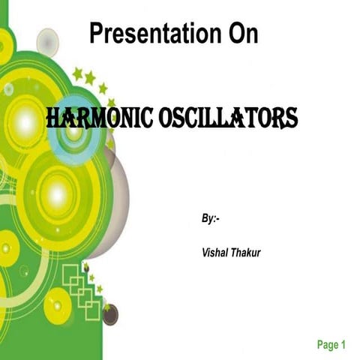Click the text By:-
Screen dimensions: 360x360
tap(211, 218)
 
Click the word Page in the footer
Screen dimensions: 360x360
tap(327, 345)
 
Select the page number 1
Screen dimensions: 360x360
tap(343, 345)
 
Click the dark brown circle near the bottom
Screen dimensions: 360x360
tap(110, 314)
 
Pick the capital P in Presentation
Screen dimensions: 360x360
tap(95, 34)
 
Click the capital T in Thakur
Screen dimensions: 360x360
tap(229, 253)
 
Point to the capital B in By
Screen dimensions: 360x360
tap(205, 218)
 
